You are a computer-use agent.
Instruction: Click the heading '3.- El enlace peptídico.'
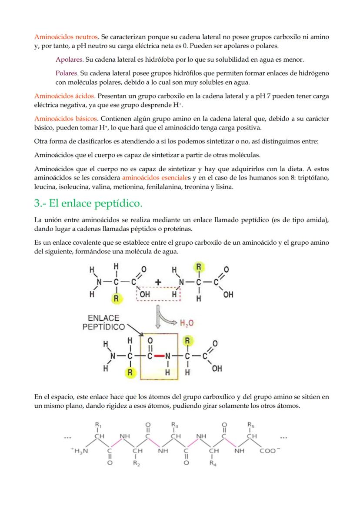pos(88,204)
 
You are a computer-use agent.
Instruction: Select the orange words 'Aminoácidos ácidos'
pos(64,96)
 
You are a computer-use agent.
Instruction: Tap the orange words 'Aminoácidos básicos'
pos(66,118)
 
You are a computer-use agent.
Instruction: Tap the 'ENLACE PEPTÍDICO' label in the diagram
pos(103,322)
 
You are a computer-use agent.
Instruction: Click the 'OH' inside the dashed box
pos(145,294)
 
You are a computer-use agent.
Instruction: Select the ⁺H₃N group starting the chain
pos(80,451)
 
